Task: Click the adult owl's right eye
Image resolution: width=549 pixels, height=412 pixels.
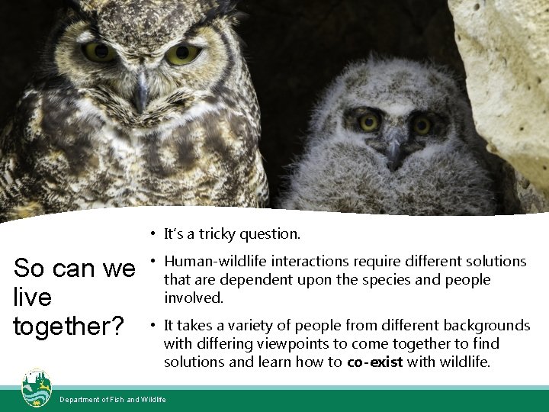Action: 183,54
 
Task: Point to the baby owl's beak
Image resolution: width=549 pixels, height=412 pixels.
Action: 394,153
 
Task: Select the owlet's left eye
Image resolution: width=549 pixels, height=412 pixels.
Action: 369,122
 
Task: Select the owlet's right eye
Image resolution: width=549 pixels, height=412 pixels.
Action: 422,125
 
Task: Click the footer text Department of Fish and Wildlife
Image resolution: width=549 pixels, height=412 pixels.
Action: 113,400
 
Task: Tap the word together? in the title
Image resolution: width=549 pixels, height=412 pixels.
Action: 69,327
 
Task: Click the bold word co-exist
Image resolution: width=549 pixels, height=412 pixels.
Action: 375,362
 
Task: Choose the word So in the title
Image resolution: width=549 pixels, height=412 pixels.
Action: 29,269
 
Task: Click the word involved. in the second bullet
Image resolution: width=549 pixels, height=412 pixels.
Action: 194,298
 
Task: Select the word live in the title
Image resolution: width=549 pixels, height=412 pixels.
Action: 32,298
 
